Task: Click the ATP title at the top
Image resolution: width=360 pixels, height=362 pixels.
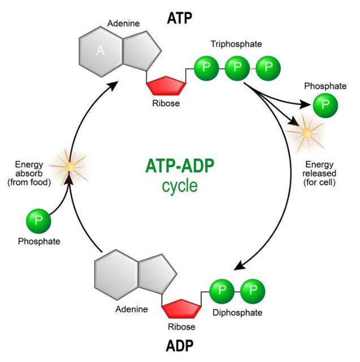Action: pos(180,18)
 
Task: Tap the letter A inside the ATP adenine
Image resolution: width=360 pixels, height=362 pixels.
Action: pos(101,51)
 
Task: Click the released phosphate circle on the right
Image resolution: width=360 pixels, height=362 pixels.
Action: pos(325,105)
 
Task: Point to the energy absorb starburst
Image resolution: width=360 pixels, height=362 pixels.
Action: pos(70,167)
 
